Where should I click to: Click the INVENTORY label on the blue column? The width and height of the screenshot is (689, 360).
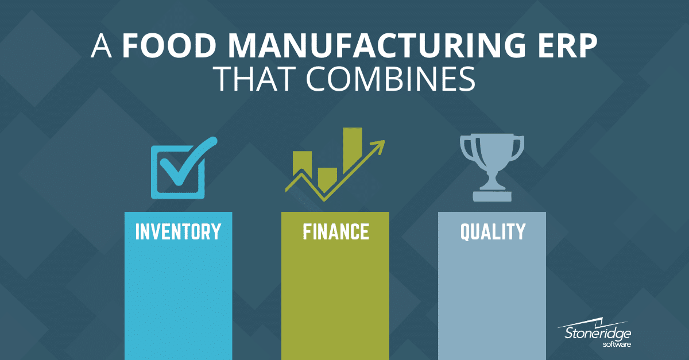[178, 232]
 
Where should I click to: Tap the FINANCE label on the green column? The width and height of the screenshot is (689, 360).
[335, 232]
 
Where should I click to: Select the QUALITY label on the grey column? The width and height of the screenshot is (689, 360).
[492, 232]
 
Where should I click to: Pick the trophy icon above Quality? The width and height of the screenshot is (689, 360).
[492, 167]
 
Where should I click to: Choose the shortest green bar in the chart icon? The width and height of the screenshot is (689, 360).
[327, 179]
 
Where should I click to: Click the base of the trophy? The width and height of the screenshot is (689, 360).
[492, 196]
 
